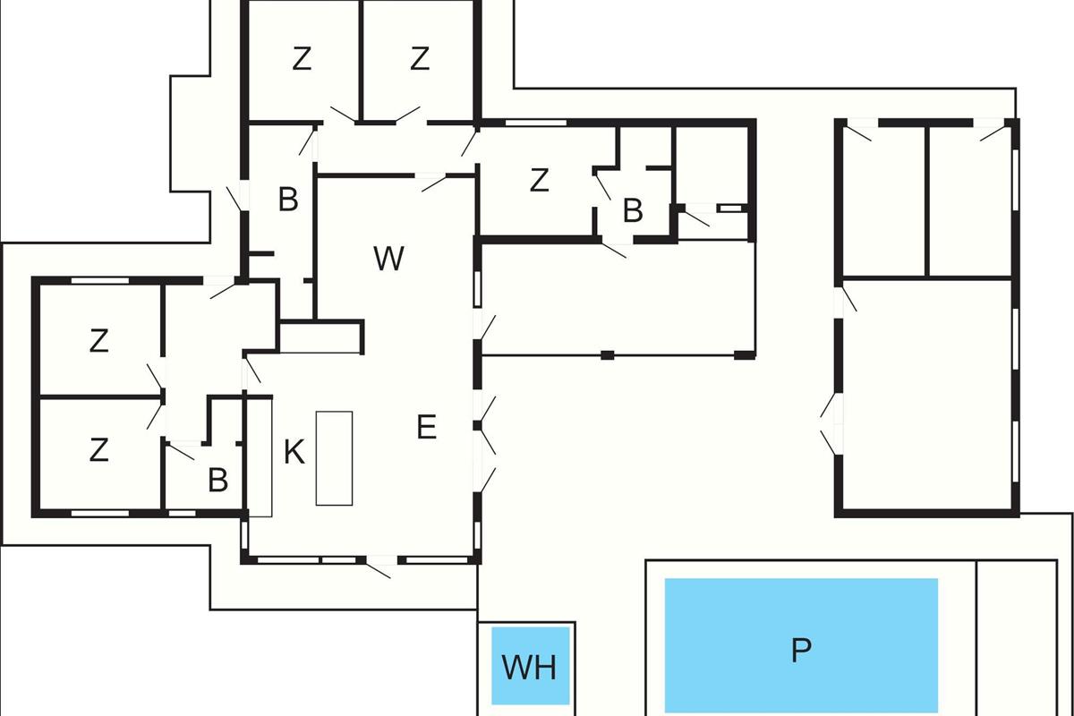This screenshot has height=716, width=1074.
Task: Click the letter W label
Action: (x=388, y=259)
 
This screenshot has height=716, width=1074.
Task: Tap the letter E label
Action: (x=427, y=428)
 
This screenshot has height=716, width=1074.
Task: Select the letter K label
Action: (x=294, y=453)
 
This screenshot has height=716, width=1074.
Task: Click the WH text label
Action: (x=529, y=668)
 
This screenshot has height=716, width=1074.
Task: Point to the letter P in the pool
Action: (x=801, y=651)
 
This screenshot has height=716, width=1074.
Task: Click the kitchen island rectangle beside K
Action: (x=335, y=457)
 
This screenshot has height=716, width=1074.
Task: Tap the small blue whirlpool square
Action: (x=529, y=667)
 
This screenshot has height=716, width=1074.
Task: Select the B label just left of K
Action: (x=217, y=481)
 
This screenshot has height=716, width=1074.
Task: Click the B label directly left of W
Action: (x=287, y=200)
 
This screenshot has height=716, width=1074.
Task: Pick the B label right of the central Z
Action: (x=633, y=211)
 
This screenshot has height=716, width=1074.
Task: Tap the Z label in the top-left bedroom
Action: (x=302, y=60)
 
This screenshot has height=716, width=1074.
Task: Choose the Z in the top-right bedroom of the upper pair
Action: (x=420, y=60)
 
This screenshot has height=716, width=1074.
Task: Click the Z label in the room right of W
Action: (x=538, y=181)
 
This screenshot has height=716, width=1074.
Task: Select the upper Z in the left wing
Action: (x=98, y=341)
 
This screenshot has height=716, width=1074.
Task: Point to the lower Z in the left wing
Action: (x=98, y=450)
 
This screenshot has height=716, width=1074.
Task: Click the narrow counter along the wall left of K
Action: (x=260, y=457)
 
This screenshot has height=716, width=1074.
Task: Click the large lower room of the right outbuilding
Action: (x=928, y=396)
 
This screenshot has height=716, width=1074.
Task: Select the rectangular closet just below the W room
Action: (x=320, y=337)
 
